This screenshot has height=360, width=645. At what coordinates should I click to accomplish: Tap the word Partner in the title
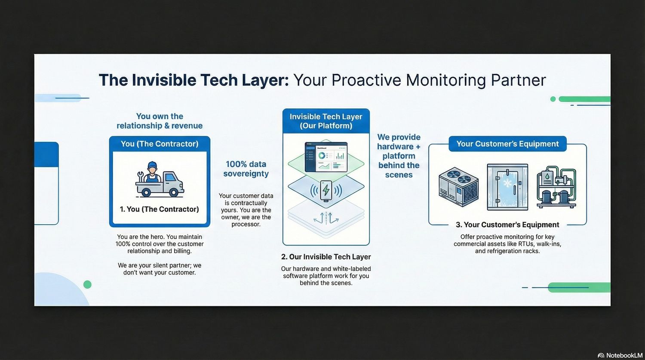518,80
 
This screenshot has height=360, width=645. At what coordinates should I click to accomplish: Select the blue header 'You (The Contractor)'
160,144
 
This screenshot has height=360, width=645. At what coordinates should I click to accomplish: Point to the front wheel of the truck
174,192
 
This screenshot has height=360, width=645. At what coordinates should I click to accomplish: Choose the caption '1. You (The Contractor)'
159,209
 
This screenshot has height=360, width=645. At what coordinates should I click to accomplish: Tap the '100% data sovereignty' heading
246,169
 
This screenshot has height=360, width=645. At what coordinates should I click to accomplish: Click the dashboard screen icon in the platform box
326,157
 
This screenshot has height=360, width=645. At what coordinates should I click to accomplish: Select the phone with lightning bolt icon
326,191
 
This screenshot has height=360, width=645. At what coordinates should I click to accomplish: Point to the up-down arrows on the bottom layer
326,218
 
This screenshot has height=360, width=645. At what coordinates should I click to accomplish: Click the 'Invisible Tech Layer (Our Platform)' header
326,121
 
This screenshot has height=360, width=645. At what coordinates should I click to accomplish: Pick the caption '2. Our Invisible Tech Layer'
326,257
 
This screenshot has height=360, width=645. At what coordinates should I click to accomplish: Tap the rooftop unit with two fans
458,187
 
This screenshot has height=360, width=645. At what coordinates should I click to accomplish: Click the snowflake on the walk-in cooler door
507,183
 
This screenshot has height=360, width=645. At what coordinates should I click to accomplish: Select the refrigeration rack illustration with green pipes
556,187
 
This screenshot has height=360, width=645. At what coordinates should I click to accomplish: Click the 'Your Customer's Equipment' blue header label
507,144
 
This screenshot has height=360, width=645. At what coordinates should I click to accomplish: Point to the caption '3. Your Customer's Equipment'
507,225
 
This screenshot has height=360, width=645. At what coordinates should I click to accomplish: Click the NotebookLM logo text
623,355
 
